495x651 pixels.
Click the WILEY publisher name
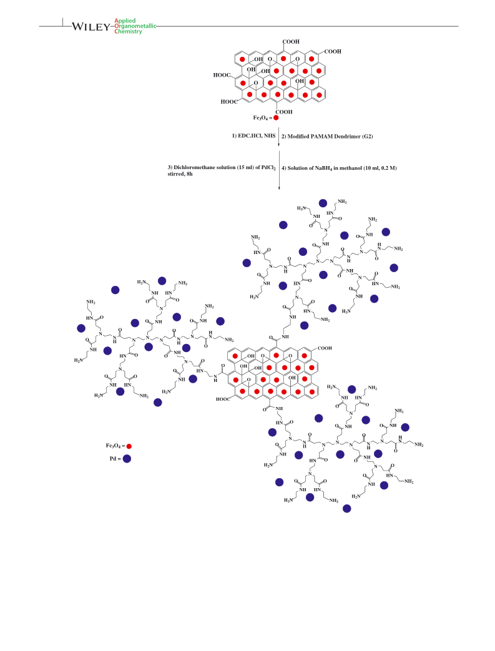(x=91, y=27)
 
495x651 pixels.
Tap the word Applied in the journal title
(x=125, y=21)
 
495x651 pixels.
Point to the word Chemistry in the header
(x=129, y=31)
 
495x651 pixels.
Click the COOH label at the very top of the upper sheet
(x=291, y=42)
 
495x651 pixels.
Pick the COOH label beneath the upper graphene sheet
(x=284, y=112)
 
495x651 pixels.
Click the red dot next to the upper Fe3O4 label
(x=276, y=118)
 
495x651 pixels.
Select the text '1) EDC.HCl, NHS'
(x=253, y=136)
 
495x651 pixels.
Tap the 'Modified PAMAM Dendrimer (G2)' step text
(x=330, y=136)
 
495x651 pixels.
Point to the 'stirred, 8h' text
(x=180, y=174)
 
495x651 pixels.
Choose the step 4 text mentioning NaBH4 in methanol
(x=339, y=168)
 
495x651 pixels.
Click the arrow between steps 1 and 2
(x=278, y=137)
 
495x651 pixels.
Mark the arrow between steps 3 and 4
(x=279, y=170)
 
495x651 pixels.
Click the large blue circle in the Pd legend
(x=127, y=459)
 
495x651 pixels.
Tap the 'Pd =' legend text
(x=115, y=459)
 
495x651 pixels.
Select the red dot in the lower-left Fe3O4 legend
(x=129, y=446)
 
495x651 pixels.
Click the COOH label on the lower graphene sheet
(x=325, y=348)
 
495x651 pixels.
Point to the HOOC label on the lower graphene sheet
(x=223, y=399)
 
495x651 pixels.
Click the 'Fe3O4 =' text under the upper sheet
(x=263, y=118)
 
